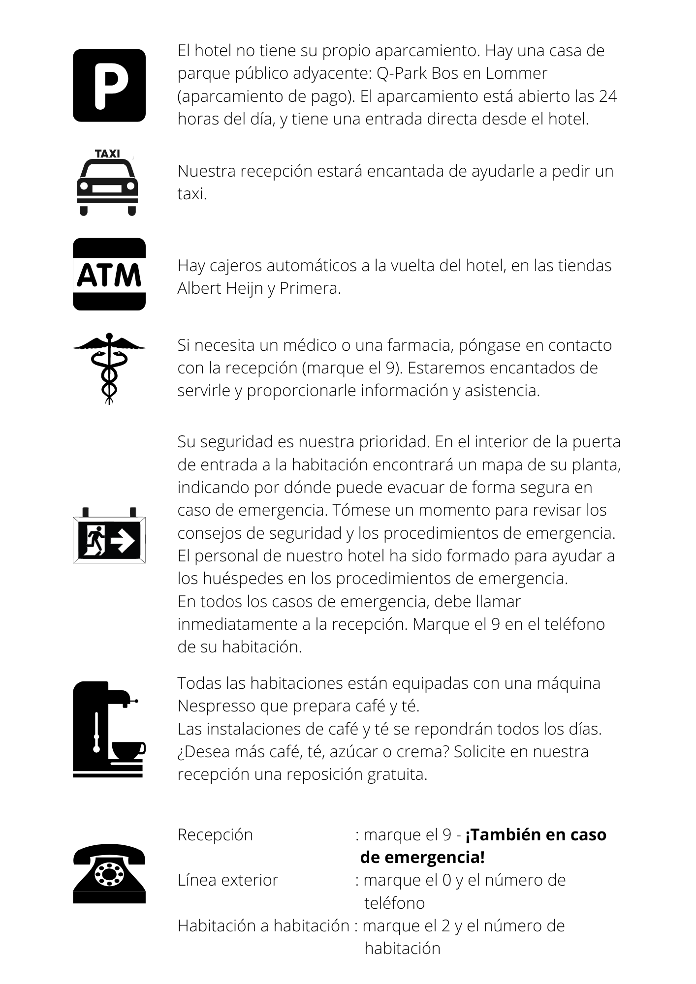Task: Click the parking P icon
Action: [x=109, y=85]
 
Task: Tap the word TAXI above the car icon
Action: [x=107, y=154]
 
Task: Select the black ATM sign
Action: [x=109, y=275]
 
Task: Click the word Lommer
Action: [x=516, y=73]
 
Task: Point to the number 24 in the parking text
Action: [x=608, y=96]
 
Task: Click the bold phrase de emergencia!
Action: [x=422, y=857]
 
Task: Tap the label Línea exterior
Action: [x=228, y=880]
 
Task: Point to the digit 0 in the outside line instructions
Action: [x=447, y=880]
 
